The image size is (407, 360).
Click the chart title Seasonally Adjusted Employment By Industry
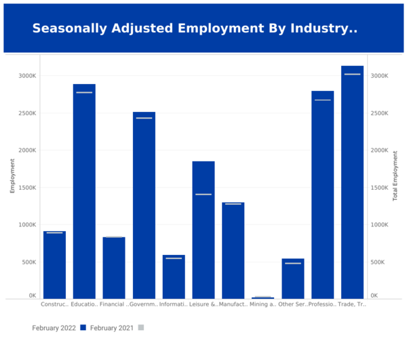pos(195,28)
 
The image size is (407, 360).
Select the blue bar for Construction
pos(54,264)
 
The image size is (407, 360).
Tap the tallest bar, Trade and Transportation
pos(352,183)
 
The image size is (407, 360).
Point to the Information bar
pos(174,278)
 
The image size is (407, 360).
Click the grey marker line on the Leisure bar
pos(203,195)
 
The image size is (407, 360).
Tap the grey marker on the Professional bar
pos(322,100)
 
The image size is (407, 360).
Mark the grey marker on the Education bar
pos(84,92)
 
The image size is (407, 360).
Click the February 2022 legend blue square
pos(83,327)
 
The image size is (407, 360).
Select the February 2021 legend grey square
pos(141,327)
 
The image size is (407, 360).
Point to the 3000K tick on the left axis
pos(28,76)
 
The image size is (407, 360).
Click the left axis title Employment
pos(12,176)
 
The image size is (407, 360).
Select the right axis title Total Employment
pos(395,176)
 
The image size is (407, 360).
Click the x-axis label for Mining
pos(263,304)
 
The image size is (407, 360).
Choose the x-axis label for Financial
pos(114,304)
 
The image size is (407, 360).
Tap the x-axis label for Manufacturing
pos(233,304)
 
